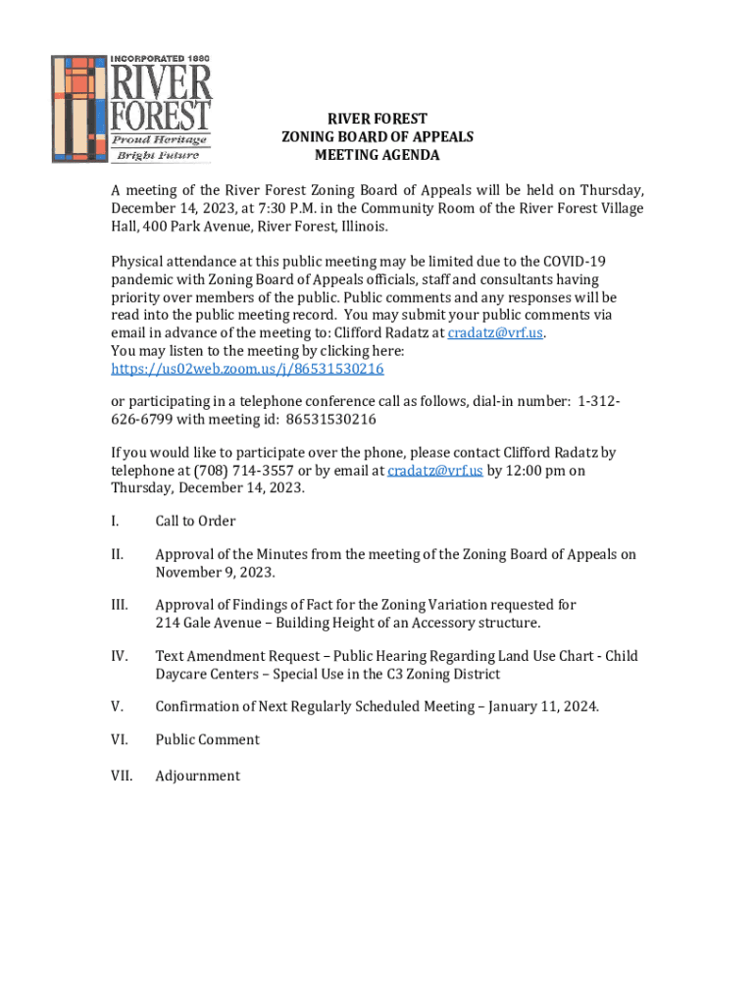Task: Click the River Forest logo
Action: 130,108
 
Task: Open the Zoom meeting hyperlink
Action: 247,369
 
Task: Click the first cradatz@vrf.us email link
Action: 495,332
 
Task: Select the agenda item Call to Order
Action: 195,521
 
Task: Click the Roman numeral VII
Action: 121,776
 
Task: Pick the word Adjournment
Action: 197,776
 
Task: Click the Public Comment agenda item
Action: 207,739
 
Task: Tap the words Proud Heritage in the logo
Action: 162,140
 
